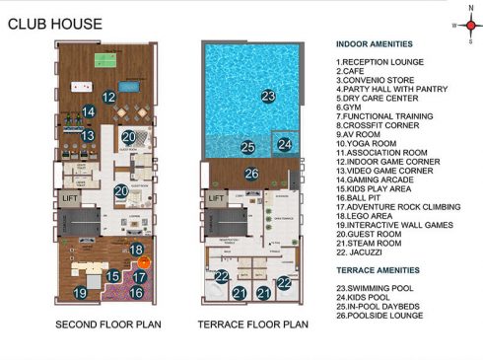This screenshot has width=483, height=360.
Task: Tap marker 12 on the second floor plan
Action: (x=109, y=98)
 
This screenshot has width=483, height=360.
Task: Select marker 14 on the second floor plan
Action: (x=88, y=111)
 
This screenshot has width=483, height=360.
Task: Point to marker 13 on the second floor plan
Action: (x=88, y=136)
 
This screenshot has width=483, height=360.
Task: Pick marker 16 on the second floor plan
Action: (x=137, y=291)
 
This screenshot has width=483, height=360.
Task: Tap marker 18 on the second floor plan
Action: (x=137, y=250)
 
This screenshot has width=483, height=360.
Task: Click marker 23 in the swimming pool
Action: (x=267, y=96)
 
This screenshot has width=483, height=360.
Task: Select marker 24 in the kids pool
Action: (x=284, y=144)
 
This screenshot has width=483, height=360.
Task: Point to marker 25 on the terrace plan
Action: (x=248, y=149)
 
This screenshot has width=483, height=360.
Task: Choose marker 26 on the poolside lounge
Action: (x=251, y=175)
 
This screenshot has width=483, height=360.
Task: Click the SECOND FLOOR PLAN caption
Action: (x=102, y=324)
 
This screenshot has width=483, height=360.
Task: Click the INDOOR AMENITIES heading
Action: (x=374, y=44)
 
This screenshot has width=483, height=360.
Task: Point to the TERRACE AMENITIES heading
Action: (x=377, y=269)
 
